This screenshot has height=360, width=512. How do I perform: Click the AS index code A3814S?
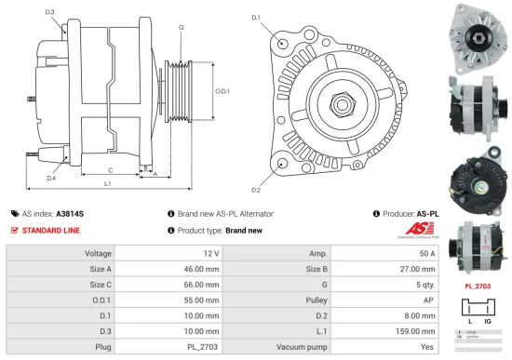[71, 213]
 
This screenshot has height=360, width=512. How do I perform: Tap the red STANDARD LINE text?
[52, 230]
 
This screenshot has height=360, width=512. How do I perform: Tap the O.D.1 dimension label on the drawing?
[221, 90]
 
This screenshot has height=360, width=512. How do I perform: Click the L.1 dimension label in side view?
[108, 185]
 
